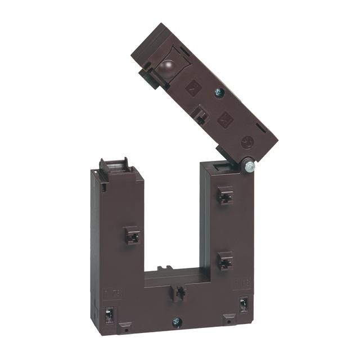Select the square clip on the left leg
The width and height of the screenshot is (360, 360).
[132, 235]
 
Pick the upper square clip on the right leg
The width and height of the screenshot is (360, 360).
[226, 196]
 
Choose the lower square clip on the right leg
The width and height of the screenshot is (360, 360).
[225, 261]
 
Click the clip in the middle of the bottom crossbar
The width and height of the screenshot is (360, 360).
[179, 293]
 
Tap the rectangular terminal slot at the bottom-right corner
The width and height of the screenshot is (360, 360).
[244, 305]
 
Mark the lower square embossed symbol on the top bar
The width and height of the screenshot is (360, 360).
[226, 119]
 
